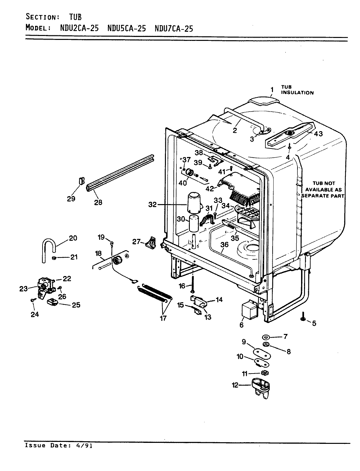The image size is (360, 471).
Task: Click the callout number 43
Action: pos(318,133)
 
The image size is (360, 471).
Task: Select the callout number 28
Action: pos(98,202)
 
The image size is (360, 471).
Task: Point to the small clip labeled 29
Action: pos(81,181)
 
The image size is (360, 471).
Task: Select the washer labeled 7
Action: pos(266,337)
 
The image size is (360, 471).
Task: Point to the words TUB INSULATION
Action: pos(297,90)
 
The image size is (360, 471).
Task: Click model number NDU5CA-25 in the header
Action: pos(127,28)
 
